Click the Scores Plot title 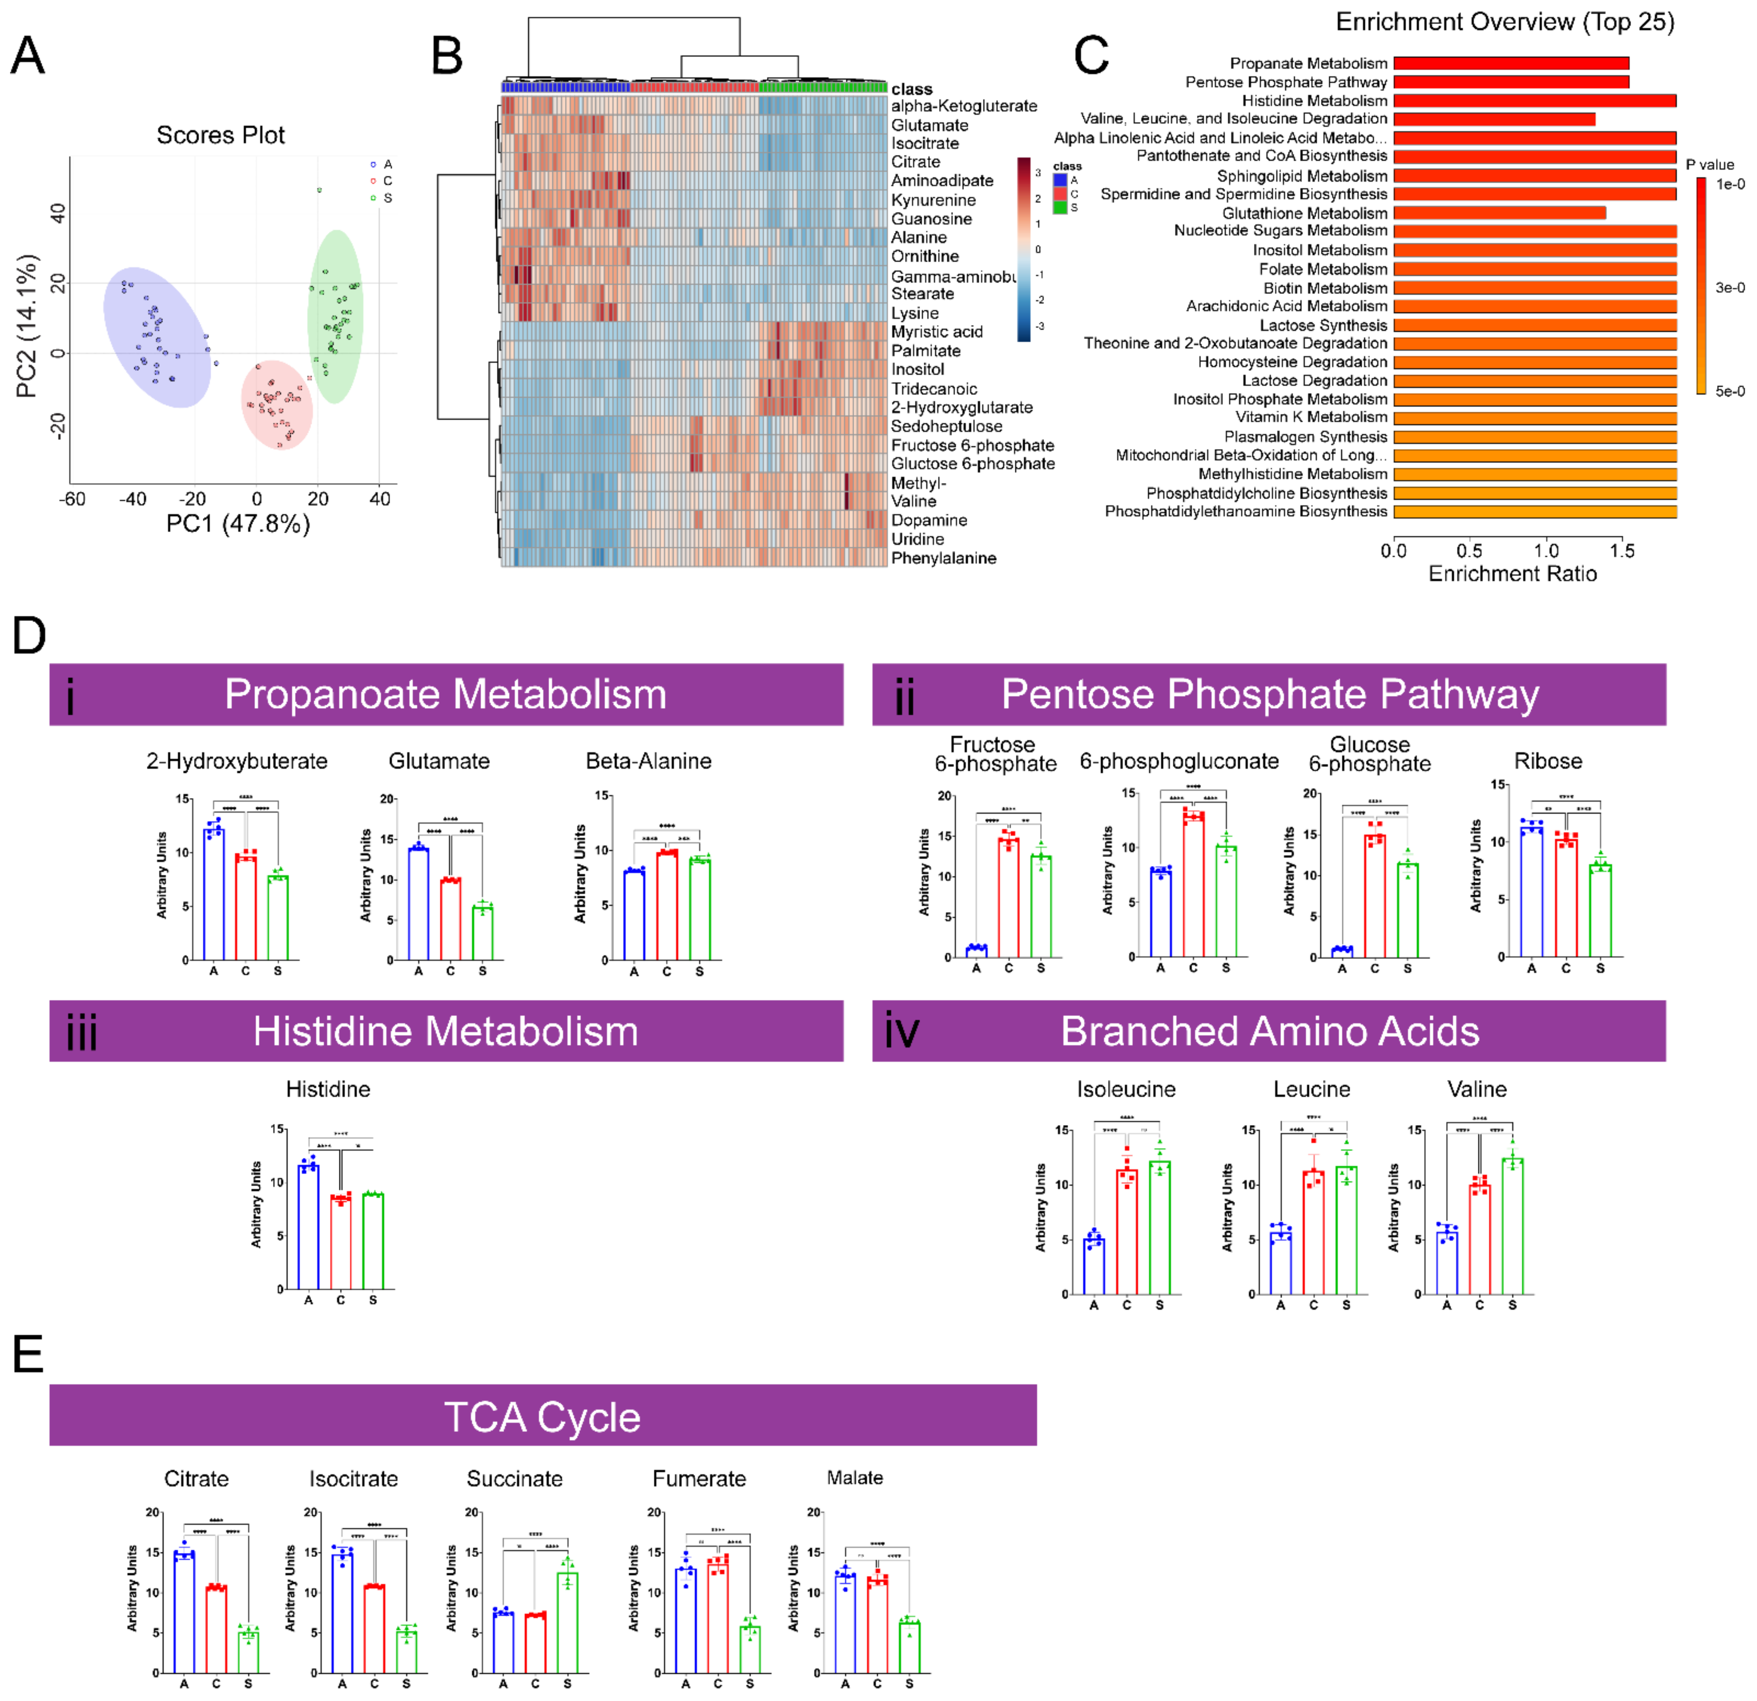(220, 135)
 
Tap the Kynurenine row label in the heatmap (933, 200)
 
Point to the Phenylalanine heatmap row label (943, 558)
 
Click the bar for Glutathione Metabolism (1499, 213)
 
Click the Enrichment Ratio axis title (1512, 574)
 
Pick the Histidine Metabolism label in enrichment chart (1314, 101)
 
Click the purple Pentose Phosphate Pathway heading (1269, 695)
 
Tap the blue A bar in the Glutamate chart (419, 903)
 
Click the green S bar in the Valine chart (1512, 1226)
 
